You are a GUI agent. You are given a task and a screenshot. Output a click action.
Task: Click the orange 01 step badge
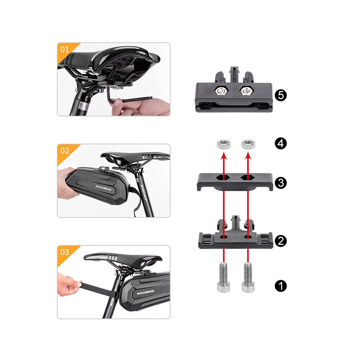pos(66,50)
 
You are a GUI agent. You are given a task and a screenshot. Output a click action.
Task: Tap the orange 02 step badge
pos(66,152)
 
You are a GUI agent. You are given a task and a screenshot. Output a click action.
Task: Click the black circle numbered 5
pos(280,95)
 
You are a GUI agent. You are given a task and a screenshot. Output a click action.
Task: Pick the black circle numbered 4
pos(280,144)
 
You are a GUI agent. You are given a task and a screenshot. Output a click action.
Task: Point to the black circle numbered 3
pos(280,183)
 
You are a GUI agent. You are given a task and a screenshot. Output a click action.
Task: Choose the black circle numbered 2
pos(280,241)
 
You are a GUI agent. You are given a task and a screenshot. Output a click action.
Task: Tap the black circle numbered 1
pos(280,286)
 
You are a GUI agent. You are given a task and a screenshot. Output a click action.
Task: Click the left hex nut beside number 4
pos(224,144)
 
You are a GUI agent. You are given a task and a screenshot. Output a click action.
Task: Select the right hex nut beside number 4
pos(248,144)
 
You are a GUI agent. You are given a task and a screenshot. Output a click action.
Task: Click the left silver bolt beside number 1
pos(224,278)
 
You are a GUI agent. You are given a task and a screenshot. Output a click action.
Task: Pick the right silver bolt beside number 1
pos(248,278)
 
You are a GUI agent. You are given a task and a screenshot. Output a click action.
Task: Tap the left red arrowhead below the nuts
pos(224,156)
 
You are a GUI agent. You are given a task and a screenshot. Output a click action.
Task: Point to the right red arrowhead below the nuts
pos(248,156)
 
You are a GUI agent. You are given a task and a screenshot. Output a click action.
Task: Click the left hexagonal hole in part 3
pos(222,178)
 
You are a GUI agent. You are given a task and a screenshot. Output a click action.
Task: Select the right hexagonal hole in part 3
pos(247,178)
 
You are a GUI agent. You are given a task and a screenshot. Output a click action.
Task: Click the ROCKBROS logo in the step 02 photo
pos(103,188)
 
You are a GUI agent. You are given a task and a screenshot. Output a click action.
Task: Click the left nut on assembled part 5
pos(221,91)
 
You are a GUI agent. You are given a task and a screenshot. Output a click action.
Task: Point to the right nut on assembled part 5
pos(246,91)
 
